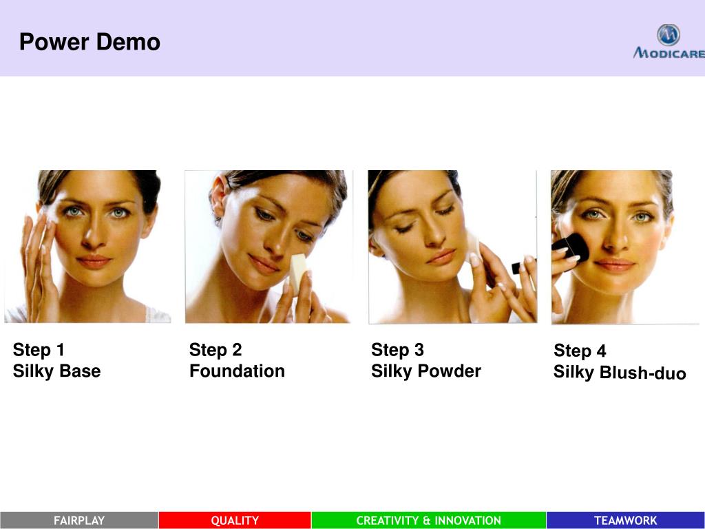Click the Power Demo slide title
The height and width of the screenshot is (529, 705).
pyautogui.click(x=90, y=42)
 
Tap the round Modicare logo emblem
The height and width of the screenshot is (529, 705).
pyautogui.click(x=668, y=35)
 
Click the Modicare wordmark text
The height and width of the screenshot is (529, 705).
pyautogui.click(x=669, y=53)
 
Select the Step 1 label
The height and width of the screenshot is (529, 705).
pyautogui.click(x=39, y=349)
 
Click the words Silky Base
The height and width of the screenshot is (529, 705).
pyautogui.click(x=56, y=371)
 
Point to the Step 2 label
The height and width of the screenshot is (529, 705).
pyautogui.click(x=215, y=349)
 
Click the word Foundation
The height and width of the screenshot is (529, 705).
pyautogui.click(x=237, y=371)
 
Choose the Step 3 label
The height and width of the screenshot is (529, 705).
pyautogui.click(x=397, y=349)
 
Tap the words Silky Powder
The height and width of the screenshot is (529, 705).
pyautogui.click(x=425, y=371)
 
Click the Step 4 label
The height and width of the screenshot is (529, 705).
pyautogui.click(x=580, y=351)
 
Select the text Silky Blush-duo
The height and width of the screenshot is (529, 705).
pyautogui.click(x=620, y=373)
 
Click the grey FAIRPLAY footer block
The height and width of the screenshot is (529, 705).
pyautogui.click(x=79, y=521)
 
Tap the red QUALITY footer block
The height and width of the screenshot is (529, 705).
pyautogui.click(x=235, y=521)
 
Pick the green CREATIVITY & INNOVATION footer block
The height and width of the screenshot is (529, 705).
pyautogui.click(x=428, y=521)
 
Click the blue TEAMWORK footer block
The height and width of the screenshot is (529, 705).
pyautogui.click(x=625, y=521)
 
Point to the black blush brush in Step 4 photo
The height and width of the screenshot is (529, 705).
pyautogui.click(x=571, y=247)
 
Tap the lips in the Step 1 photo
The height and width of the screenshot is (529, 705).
pyautogui.click(x=94, y=261)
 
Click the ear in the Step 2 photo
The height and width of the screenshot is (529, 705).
pyautogui.click(x=218, y=196)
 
